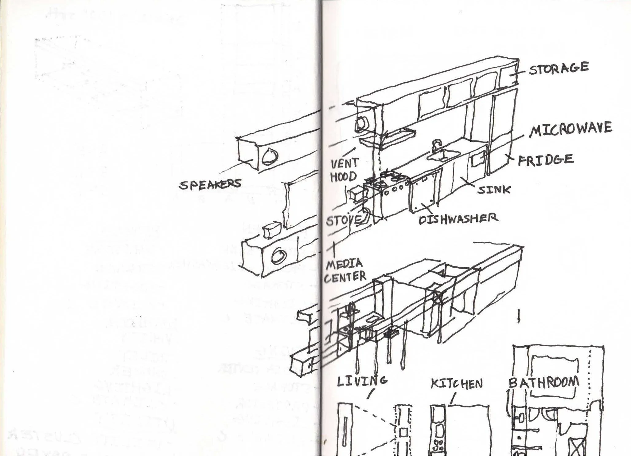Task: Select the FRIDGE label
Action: pyautogui.click(x=546, y=160)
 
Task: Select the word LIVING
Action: pyautogui.click(x=362, y=381)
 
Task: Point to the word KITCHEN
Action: pyautogui.click(x=457, y=383)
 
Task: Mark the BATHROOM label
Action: pyautogui.click(x=544, y=383)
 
